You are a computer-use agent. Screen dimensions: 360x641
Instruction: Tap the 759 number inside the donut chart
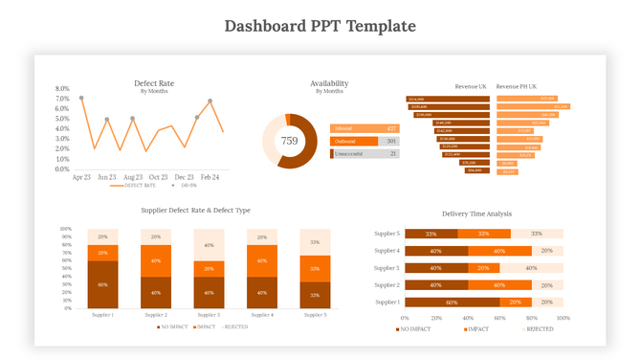click(289, 141)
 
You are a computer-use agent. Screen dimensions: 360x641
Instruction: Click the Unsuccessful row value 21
click(392, 153)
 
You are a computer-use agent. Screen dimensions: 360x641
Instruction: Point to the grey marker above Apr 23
click(81, 98)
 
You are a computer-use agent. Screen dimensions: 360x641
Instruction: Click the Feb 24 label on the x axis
click(210, 177)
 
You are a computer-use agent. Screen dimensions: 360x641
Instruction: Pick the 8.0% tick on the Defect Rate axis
click(62, 88)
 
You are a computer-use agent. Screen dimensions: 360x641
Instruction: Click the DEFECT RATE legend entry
click(139, 185)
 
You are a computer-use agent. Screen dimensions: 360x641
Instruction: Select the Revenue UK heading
click(472, 86)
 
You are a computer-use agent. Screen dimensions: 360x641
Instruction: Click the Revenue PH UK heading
click(518, 86)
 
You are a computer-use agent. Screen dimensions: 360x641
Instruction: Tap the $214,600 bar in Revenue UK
click(448, 99)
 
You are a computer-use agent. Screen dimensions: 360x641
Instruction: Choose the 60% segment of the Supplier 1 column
click(102, 284)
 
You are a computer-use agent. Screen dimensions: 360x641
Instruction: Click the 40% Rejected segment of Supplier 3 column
click(210, 245)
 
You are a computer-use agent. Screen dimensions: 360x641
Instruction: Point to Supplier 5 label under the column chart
click(316, 315)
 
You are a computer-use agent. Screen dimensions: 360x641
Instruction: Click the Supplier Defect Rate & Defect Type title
click(195, 210)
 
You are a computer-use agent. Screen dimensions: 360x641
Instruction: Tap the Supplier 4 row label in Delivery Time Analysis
click(387, 251)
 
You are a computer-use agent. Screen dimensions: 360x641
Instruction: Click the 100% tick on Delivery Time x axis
click(563, 318)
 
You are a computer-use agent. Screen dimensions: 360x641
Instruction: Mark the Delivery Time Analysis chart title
click(476, 214)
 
